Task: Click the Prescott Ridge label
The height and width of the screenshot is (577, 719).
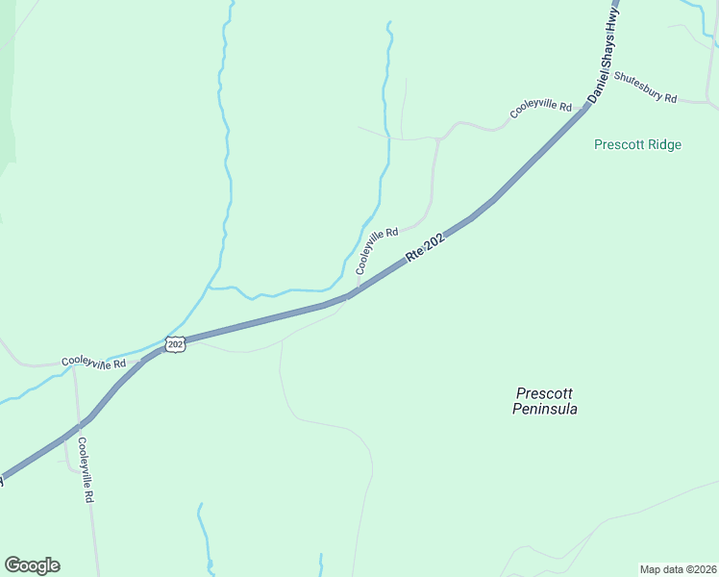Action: [x=637, y=145]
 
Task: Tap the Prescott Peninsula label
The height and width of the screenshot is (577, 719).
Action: [x=545, y=401]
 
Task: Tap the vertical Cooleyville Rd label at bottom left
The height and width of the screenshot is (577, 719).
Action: [x=86, y=470]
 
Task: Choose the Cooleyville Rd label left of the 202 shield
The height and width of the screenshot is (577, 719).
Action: [x=94, y=363]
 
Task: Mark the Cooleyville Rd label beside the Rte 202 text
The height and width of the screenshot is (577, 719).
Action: [x=377, y=251]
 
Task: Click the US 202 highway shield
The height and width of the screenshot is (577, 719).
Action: [x=174, y=344]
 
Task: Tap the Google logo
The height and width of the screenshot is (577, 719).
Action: [x=32, y=565]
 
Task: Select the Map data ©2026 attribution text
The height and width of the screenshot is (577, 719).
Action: [x=678, y=569]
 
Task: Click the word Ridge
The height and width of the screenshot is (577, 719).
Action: [x=664, y=145]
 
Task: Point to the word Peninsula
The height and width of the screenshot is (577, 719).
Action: [x=545, y=409]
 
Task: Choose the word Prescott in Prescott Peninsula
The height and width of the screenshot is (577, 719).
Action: [x=545, y=393]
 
